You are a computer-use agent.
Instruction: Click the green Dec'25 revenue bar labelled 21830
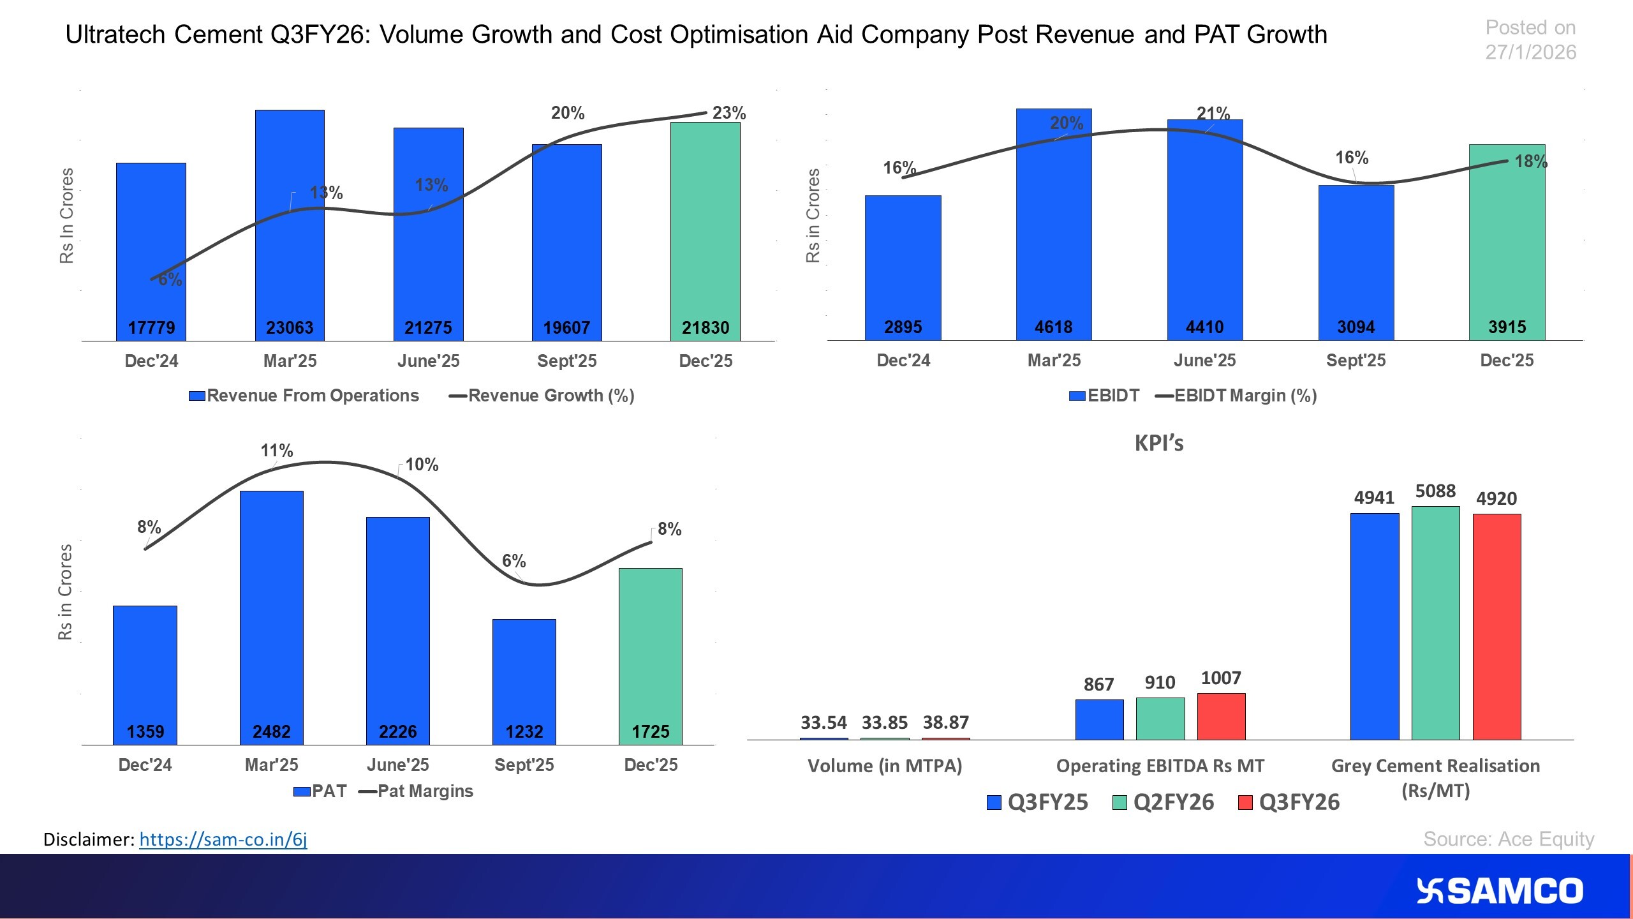click(x=705, y=230)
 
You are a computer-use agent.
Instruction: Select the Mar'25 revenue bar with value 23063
click(x=290, y=223)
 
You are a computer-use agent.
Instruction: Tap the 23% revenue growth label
click(x=728, y=113)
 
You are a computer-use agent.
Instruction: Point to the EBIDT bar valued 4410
click(x=1204, y=230)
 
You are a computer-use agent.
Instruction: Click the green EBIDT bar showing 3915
click(x=1507, y=243)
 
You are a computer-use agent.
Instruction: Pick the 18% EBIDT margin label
click(x=1530, y=161)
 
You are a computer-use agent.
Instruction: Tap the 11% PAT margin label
click(x=276, y=451)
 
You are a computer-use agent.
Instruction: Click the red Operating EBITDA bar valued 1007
click(x=1221, y=716)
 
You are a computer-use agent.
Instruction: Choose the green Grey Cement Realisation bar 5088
click(x=1435, y=622)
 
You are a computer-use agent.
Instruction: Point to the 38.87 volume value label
click(x=945, y=722)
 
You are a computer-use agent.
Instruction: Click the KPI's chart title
click(x=1158, y=443)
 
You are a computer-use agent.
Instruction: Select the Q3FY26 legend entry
click(x=1289, y=802)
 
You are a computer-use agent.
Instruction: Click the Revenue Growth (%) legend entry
click(x=542, y=396)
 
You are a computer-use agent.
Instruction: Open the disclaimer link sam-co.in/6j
click(x=223, y=839)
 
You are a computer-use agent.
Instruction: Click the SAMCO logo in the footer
click(x=1499, y=891)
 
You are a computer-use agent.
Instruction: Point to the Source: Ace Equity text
click(x=1508, y=839)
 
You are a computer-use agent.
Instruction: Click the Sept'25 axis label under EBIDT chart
click(x=1356, y=361)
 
